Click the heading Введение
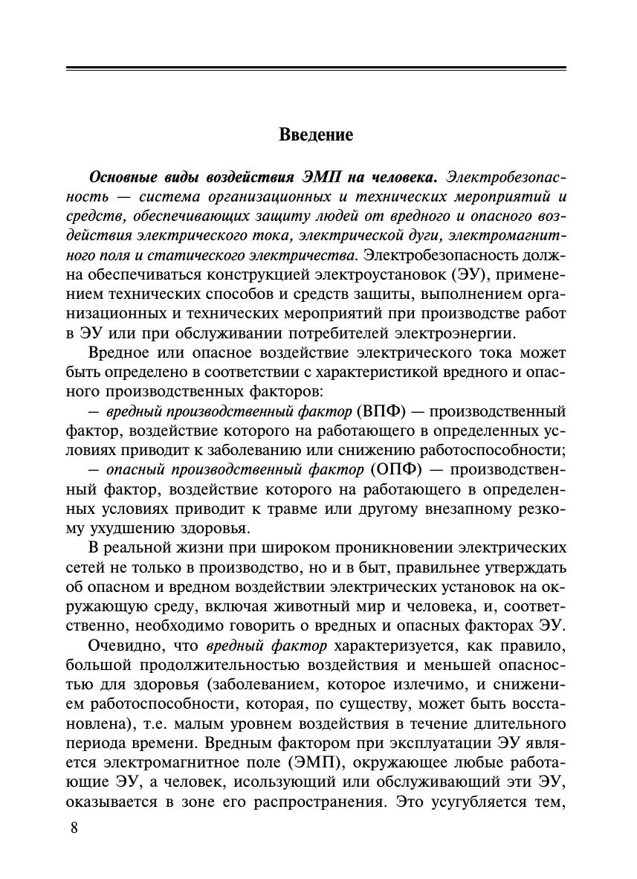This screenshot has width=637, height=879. [x=316, y=135]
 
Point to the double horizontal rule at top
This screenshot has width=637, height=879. [x=316, y=69]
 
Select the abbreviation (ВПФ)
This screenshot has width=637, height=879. [x=381, y=411]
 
